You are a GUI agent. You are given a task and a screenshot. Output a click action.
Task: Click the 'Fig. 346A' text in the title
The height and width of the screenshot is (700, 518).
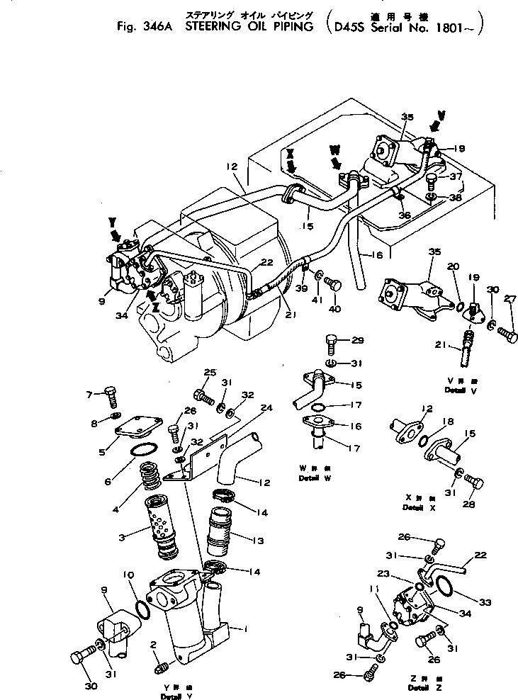click(145, 29)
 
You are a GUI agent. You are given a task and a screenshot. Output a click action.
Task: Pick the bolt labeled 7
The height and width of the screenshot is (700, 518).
click(111, 394)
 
